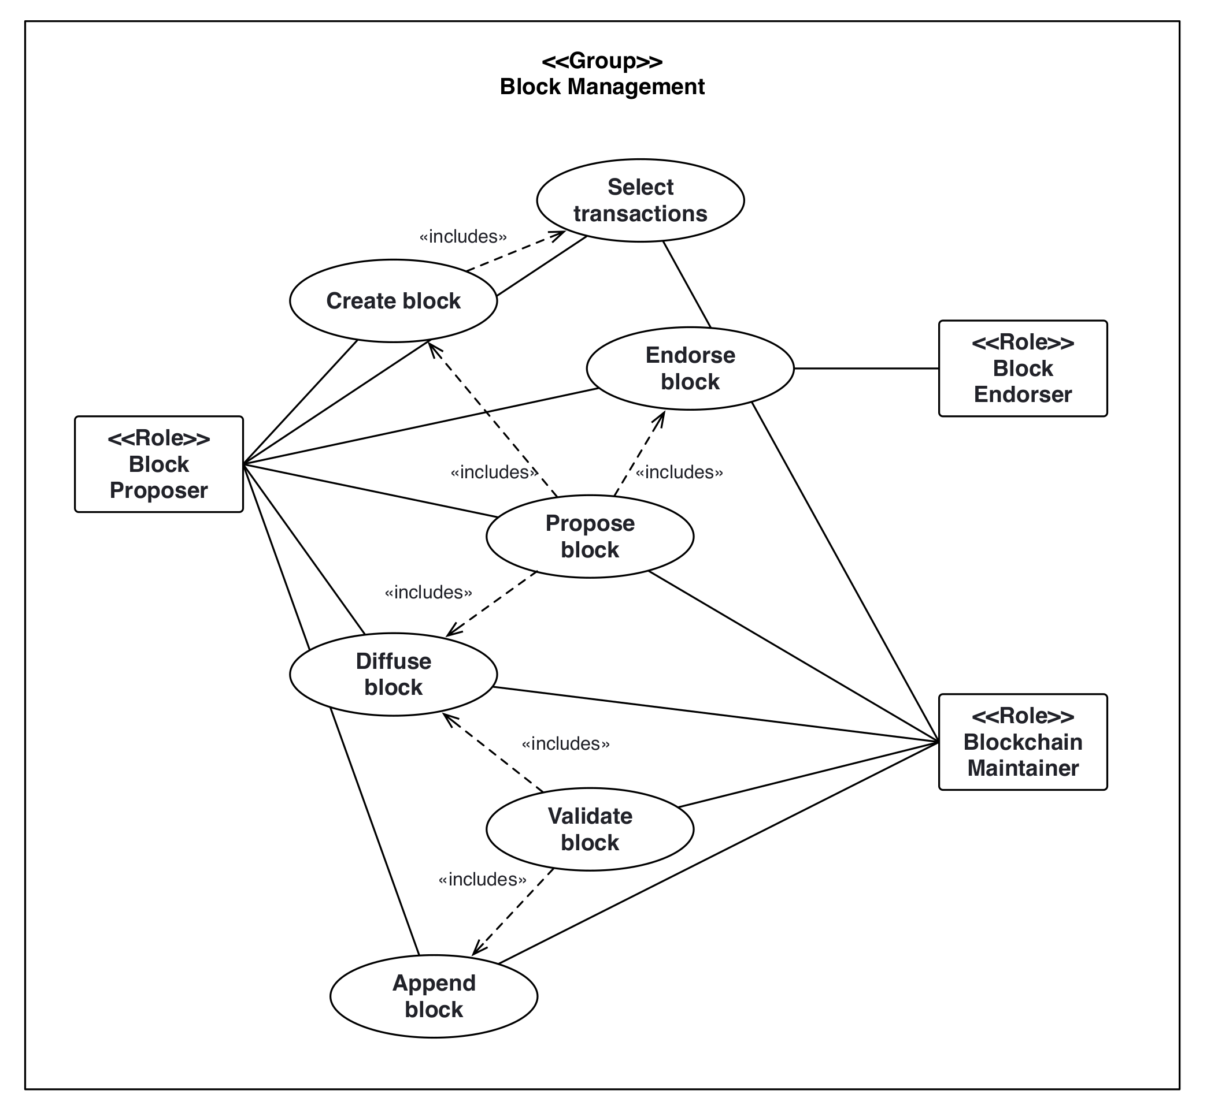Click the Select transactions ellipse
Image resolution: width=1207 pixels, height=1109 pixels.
[640, 200]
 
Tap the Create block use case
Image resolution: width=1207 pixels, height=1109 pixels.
[393, 301]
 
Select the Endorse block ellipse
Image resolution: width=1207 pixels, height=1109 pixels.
[690, 369]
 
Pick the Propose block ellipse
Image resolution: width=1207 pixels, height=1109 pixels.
[590, 537]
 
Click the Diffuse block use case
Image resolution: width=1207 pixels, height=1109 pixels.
[393, 674]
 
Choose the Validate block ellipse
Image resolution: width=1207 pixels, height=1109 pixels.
[590, 829]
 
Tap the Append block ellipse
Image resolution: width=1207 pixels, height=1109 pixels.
[434, 996]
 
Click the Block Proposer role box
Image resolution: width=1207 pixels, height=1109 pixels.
[158, 464]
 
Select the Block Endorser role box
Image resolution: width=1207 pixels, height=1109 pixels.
[1023, 369]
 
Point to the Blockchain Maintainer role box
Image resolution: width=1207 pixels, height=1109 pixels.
[1023, 742]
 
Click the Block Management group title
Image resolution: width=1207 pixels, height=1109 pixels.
[602, 74]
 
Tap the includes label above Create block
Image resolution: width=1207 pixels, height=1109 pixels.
[463, 236]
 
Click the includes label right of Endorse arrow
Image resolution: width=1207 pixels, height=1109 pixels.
[679, 472]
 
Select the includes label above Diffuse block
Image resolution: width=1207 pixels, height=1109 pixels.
[428, 592]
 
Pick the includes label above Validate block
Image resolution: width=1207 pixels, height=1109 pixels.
[565, 743]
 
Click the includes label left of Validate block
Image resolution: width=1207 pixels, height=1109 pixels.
[482, 879]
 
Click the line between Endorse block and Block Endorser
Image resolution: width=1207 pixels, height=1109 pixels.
[866, 369]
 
